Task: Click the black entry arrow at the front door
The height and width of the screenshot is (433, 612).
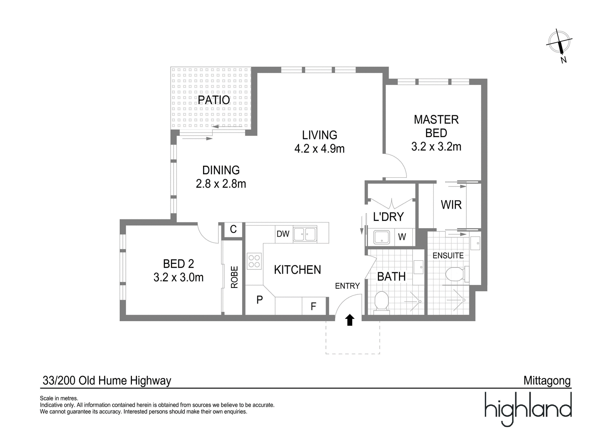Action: [x=350, y=320]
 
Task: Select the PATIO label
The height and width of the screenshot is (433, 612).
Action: [x=214, y=100]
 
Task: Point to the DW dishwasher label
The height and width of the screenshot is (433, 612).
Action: [x=283, y=234]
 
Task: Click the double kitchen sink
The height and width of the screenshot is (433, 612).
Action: [x=305, y=234]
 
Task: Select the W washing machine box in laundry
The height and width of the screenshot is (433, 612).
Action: [x=402, y=237]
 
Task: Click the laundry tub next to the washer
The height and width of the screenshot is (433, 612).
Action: [x=381, y=237]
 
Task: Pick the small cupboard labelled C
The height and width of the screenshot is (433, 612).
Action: [x=233, y=229]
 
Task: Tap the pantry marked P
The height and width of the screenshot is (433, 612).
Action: [x=259, y=300]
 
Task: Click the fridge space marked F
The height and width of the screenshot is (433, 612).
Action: [x=313, y=306]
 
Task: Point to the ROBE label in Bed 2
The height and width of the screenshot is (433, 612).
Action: [x=234, y=277]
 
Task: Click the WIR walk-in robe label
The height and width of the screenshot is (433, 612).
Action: [x=451, y=205]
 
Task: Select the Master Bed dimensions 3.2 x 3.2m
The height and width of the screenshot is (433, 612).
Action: [x=436, y=147]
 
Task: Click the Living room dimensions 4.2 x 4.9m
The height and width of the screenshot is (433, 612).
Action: [x=319, y=149]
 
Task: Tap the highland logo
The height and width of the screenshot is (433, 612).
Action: [x=528, y=409]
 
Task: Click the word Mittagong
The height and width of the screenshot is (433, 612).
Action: [x=547, y=381]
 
